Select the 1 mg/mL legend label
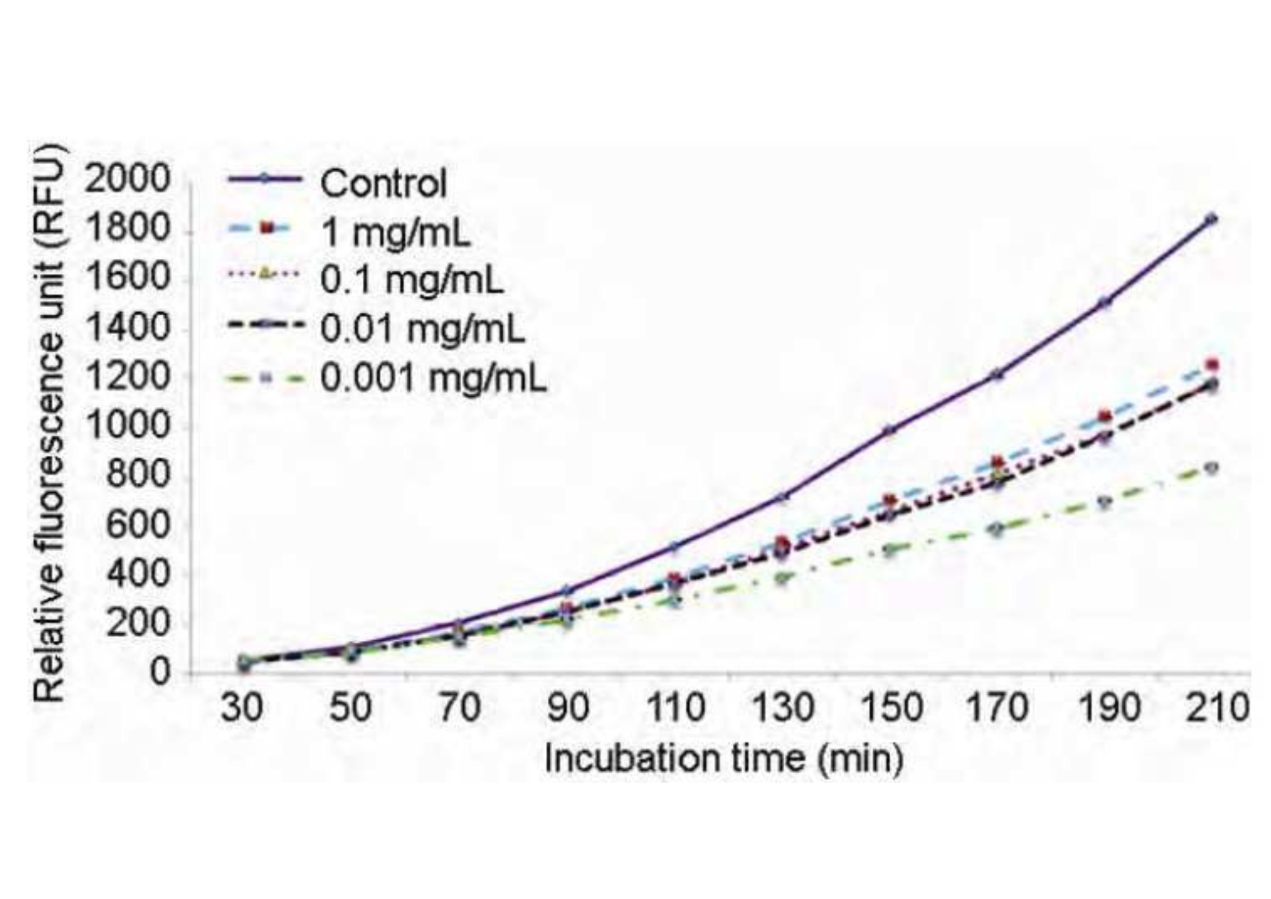396,232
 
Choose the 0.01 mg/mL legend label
423,329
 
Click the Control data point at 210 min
1211,219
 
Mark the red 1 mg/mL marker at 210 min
1211,365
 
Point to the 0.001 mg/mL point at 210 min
1211,469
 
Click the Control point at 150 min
890,430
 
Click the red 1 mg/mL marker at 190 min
1104,416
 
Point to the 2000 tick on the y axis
127,179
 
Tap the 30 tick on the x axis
242,707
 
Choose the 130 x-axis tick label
782,707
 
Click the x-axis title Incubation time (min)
724,758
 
